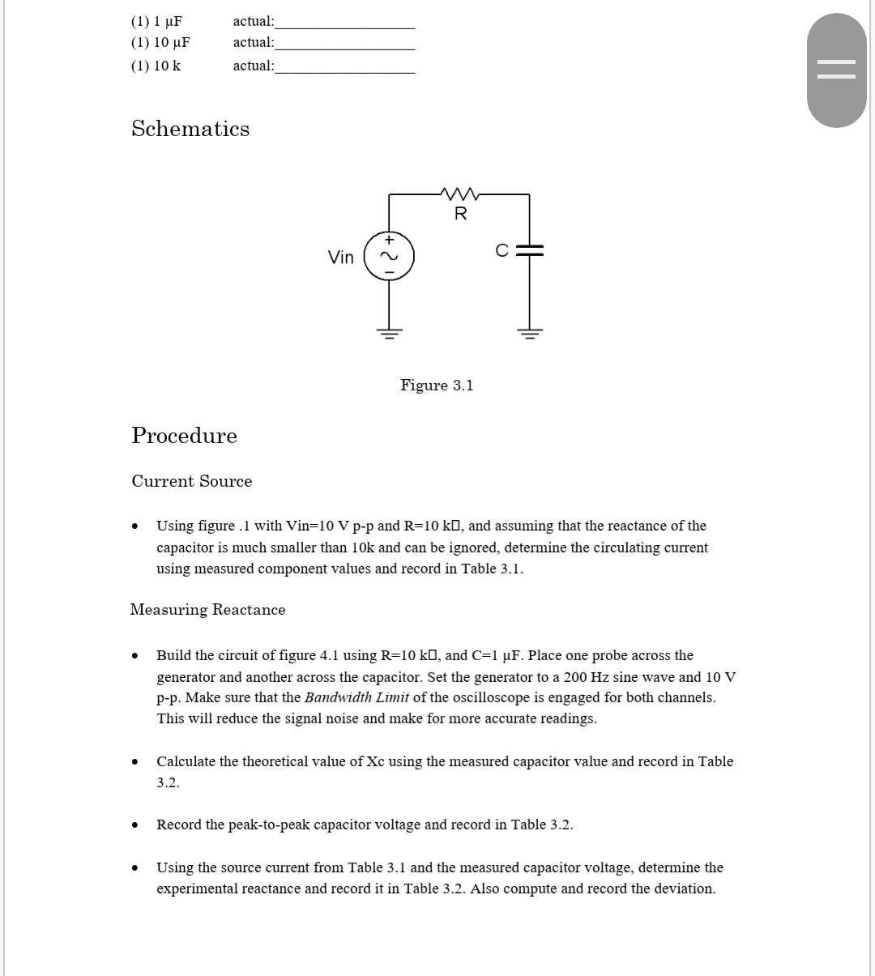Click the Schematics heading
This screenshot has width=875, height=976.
(x=190, y=129)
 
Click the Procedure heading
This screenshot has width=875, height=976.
(x=185, y=436)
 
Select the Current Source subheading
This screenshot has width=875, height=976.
(x=192, y=481)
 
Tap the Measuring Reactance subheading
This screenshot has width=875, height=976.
(x=207, y=610)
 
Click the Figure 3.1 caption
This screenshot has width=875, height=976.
(x=437, y=386)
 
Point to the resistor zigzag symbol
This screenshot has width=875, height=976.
(x=459, y=194)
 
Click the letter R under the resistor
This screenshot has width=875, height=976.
(x=460, y=214)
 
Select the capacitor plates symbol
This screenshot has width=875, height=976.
(x=530, y=251)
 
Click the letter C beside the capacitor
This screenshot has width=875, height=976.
(x=502, y=251)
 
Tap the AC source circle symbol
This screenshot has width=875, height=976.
(x=389, y=257)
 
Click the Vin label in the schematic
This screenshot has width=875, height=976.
(x=340, y=258)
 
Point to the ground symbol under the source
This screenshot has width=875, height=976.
(x=389, y=333)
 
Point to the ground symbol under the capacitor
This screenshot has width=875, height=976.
(x=530, y=333)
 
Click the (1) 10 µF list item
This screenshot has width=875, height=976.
(x=160, y=42)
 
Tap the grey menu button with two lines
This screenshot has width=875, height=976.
(x=836, y=70)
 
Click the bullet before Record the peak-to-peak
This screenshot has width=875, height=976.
(x=134, y=825)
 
